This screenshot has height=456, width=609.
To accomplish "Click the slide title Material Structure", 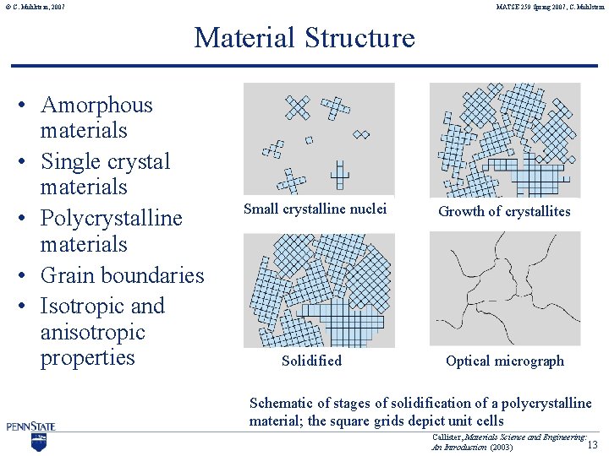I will (304, 38).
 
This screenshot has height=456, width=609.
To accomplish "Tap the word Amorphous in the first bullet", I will (96, 106).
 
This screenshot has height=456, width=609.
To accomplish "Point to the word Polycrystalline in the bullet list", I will (111, 219).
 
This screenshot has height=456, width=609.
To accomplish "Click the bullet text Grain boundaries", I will (122, 275).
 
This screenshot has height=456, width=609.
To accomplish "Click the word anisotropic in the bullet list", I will (92, 332).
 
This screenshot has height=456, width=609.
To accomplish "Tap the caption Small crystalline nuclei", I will (315, 209).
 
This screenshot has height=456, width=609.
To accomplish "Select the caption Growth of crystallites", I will (504, 211).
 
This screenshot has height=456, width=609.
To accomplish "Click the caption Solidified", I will (311, 361).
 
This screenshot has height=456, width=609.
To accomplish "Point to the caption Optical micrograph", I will (504, 361).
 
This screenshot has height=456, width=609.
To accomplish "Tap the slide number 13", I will (593, 444).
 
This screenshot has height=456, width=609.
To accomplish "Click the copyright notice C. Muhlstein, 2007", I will (33, 8).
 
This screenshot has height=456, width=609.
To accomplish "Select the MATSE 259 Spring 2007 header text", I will (550, 8).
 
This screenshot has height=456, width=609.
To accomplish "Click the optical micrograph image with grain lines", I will (505, 289).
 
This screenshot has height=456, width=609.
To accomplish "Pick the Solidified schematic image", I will (318, 290).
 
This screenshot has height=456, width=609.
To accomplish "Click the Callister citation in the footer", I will (507, 442).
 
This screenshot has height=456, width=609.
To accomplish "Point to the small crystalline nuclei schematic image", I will (318, 139).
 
